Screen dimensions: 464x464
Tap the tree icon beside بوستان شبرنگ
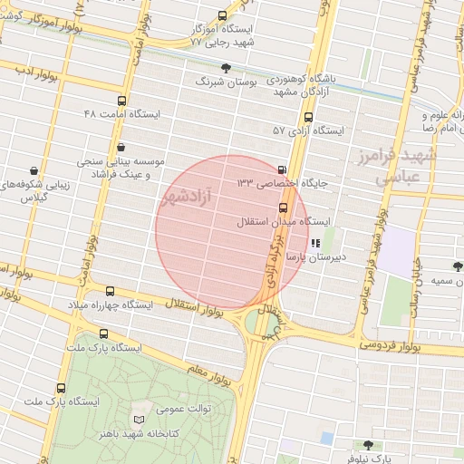pyautogui.click(x=226, y=67)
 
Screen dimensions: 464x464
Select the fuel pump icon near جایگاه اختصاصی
pyautogui.click(x=282, y=169)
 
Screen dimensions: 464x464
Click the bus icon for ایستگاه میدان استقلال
pyautogui.click(x=284, y=208)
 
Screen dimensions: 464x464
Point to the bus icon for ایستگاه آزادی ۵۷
pyautogui.click(x=309, y=117)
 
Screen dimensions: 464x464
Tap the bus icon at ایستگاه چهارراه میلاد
pyautogui.click(x=111, y=291)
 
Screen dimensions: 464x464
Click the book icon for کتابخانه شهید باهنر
pyautogui.click(x=139, y=421)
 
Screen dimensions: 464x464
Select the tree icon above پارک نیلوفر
pyautogui.click(x=367, y=445)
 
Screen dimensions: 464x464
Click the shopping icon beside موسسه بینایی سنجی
pyautogui.click(x=121, y=147)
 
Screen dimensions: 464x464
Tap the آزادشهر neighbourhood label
pyautogui.click(x=189, y=198)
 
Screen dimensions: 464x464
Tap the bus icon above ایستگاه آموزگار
pyautogui.click(x=224, y=15)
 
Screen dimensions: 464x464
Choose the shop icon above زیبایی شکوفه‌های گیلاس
pyautogui.click(x=34, y=169)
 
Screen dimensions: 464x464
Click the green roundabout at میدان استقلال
pyautogui.click(x=261, y=323)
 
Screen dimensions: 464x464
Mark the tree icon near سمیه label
pyautogui.click(x=457, y=266)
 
